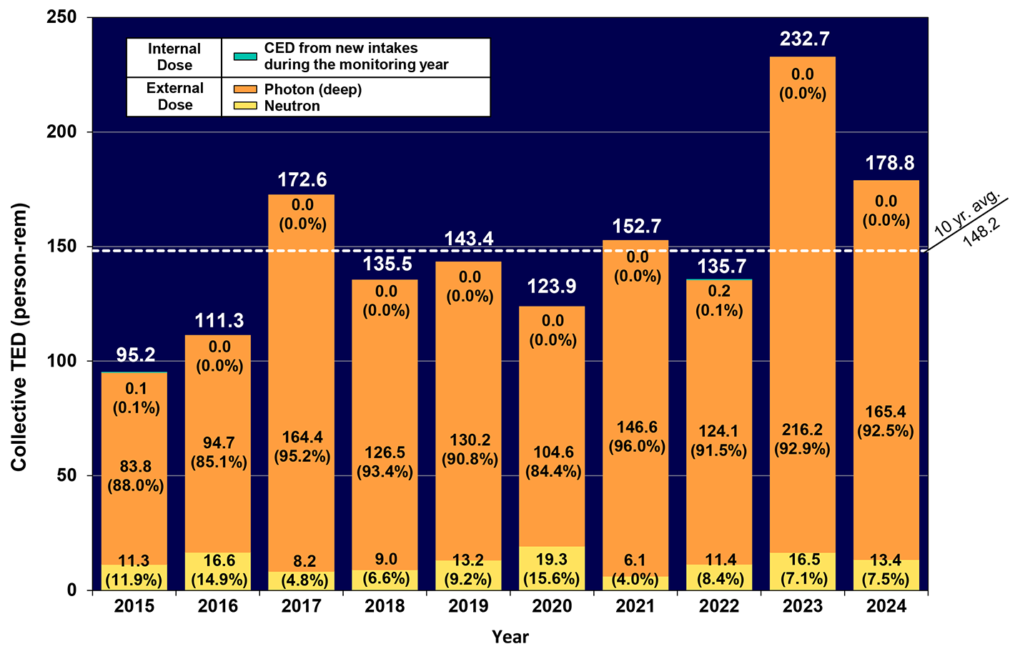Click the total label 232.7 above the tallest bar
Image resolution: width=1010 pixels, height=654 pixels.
pyautogui.click(x=804, y=39)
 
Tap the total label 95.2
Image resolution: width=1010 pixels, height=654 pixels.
pyautogui.click(x=135, y=355)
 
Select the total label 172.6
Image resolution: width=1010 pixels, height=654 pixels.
pyautogui.click(x=302, y=179)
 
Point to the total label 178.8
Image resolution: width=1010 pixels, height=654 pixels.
pyautogui.click(x=889, y=163)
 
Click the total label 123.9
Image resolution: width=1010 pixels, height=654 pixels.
pyautogui.click(x=552, y=287)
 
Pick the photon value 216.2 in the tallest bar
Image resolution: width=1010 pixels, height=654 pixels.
pyautogui.click(x=802, y=430)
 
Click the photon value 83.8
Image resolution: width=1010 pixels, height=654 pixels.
pyautogui.click(x=135, y=467)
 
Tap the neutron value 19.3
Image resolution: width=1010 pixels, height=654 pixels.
pyautogui.click(x=551, y=560)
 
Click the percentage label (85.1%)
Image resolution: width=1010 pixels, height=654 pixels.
pyautogui.click(x=219, y=462)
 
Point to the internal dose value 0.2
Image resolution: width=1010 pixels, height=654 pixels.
pyautogui.click(x=719, y=291)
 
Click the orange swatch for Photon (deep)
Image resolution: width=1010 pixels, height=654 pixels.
pyautogui.click(x=245, y=89)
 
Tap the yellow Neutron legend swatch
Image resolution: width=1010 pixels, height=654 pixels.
pyautogui.click(x=245, y=106)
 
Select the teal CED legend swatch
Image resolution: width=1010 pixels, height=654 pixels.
pyautogui.click(x=245, y=56)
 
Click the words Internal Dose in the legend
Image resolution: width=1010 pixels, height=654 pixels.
pyautogui.click(x=174, y=57)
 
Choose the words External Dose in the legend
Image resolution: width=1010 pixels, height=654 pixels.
pyautogui.click(x=174, y=96)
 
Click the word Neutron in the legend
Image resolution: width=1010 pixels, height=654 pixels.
pyautogui.click(x=292, y=106)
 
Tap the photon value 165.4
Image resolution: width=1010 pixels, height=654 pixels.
pyautogui.click(x=885, y=412)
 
